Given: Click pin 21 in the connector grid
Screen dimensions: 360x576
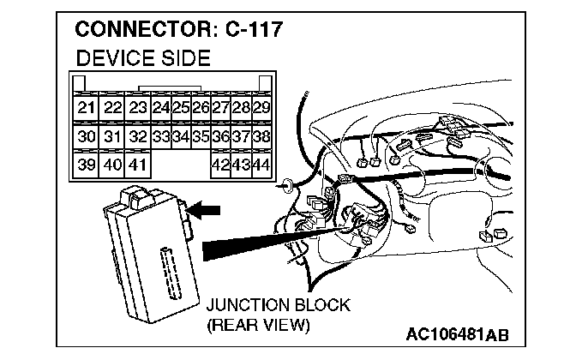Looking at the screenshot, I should point(86,108).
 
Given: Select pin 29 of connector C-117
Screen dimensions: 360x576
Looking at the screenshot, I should point(261,108).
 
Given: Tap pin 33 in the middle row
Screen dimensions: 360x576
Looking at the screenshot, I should point(160,136).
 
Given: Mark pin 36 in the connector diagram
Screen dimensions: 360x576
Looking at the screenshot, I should point(220,136).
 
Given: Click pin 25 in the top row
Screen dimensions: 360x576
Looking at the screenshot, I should point(181,108).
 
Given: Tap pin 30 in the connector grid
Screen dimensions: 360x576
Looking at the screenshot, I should point(86,136).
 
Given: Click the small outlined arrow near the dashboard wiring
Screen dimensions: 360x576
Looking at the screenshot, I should point(288,183).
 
